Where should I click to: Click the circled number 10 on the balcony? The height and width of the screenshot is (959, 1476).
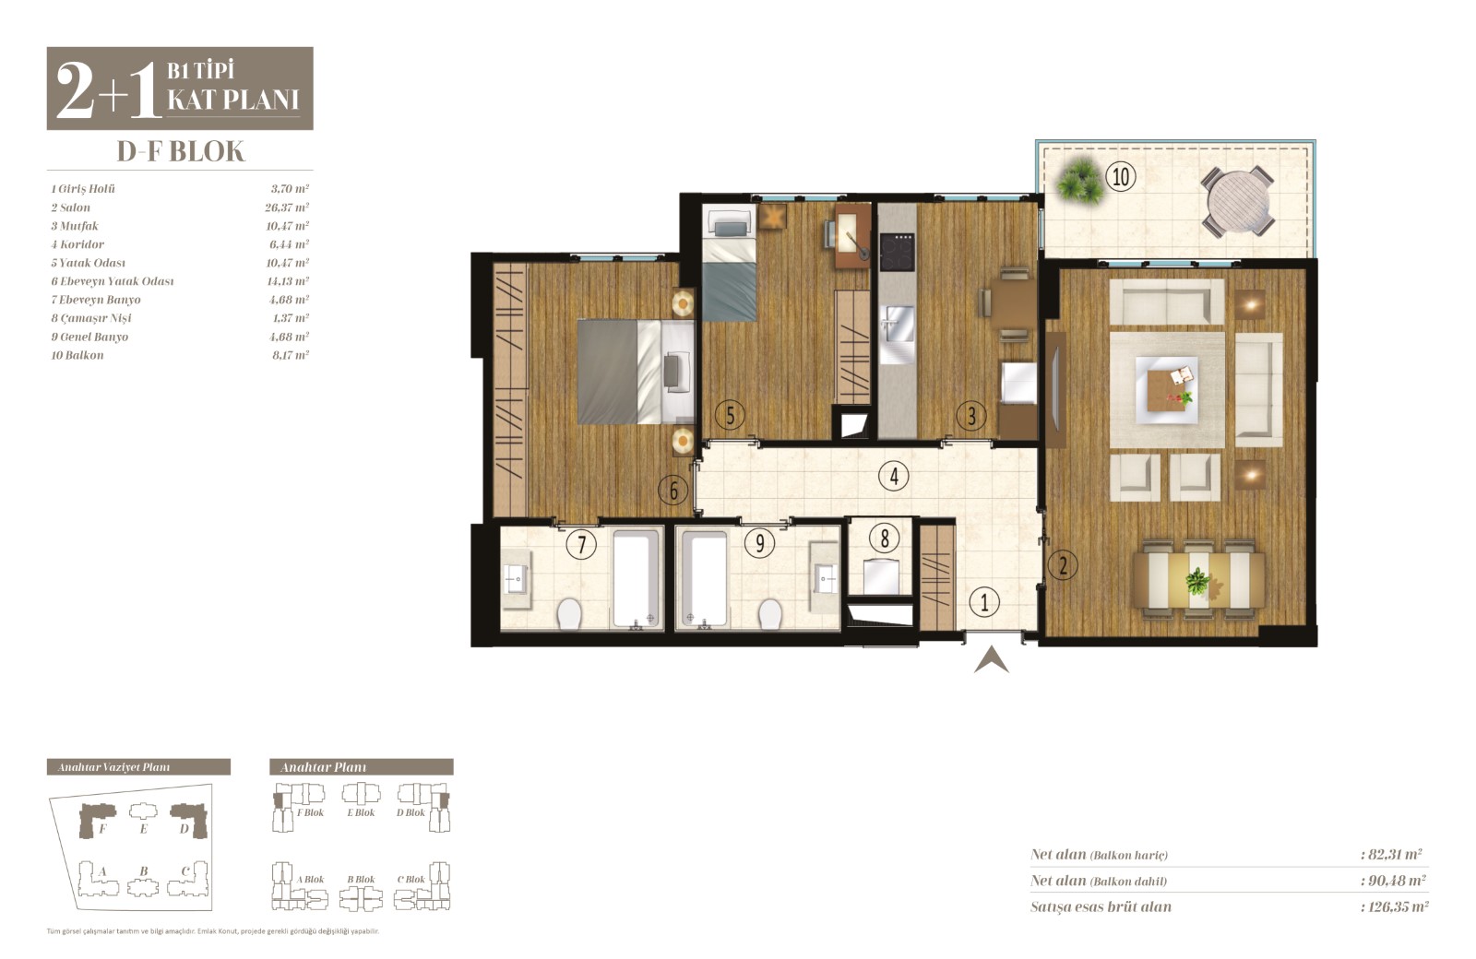coord(1121,176)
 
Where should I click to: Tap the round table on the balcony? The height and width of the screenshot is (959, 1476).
coord(1237,200)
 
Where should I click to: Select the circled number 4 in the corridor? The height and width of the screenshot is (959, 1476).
coord(894,476)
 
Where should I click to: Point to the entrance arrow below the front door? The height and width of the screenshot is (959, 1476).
coord(991,659)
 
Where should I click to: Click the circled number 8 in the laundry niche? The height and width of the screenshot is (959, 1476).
coord(885,539)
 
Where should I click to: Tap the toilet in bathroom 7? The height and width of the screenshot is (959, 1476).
coord(569,614)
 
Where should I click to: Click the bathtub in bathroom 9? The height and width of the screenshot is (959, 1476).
coord(705,579)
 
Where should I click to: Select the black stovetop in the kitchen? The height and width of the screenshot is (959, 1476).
coord(897,252)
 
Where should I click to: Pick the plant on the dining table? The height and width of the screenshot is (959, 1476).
coord(1197,582)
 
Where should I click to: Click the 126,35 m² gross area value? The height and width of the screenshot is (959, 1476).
coord(1394,907)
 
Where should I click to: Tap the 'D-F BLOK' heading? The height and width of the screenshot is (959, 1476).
coord(181,151)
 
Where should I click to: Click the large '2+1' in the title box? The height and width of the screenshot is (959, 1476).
coord(108,90)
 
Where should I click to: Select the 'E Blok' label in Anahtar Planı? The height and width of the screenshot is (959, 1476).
coord(361,812)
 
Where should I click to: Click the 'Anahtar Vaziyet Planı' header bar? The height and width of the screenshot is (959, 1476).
coord(138,766)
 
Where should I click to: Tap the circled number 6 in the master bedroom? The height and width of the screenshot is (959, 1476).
coord(673,490)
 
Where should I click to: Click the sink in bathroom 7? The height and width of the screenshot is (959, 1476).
coord(517,580)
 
